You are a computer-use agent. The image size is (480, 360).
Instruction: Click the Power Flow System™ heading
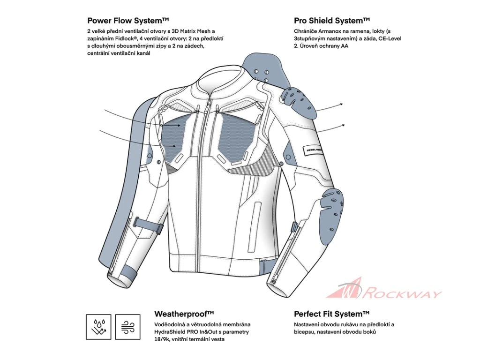click(128, 21)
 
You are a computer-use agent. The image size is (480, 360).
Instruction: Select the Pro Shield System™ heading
click(332, 21)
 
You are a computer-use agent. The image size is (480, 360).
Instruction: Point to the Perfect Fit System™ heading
click(332, 314)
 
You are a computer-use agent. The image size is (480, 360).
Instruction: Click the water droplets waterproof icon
click(98, 327)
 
